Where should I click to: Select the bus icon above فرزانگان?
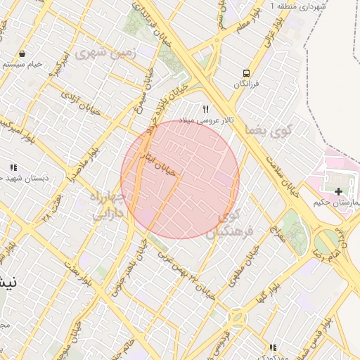click(x=245, y=73)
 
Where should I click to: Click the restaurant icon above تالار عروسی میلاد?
click(x=206, y=109)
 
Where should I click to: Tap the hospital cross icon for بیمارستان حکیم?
click(x=339, y=191)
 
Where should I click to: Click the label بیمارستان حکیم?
click(x=336, y=203)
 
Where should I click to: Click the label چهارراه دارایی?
click(x=109, y=204)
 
